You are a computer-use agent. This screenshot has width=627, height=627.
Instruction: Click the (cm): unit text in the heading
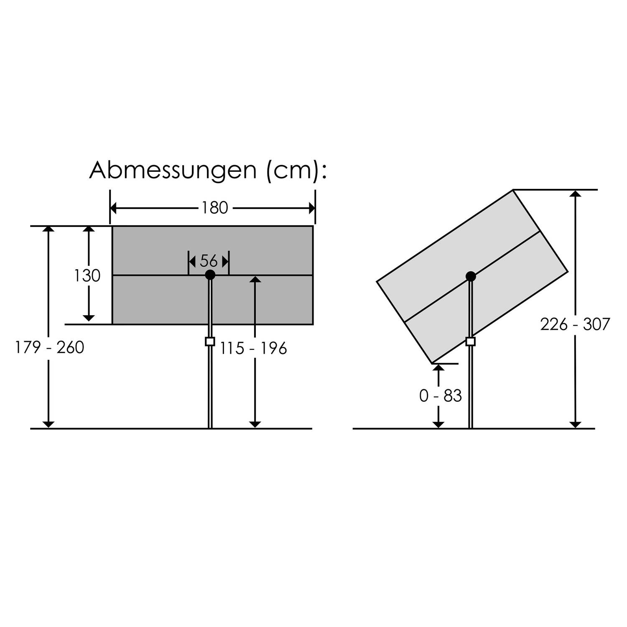[x=296, y=171]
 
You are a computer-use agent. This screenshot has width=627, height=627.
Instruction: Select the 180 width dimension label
[x=215, y=208]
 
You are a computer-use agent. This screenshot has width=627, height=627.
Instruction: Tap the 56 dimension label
[x=209, y=261]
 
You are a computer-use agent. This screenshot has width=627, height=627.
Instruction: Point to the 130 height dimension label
[x=87, y=276]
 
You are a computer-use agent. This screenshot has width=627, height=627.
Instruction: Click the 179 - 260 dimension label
[x=50, y=347]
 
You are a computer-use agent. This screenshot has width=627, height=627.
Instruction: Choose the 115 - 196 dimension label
[x=253, y=349]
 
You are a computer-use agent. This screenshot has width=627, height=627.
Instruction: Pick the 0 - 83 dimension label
[x=441, y=396]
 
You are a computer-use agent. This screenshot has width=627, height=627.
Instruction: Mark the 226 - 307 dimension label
[x=575, y=324]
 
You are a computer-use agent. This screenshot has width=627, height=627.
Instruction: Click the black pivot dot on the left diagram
[x=210, y=275]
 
